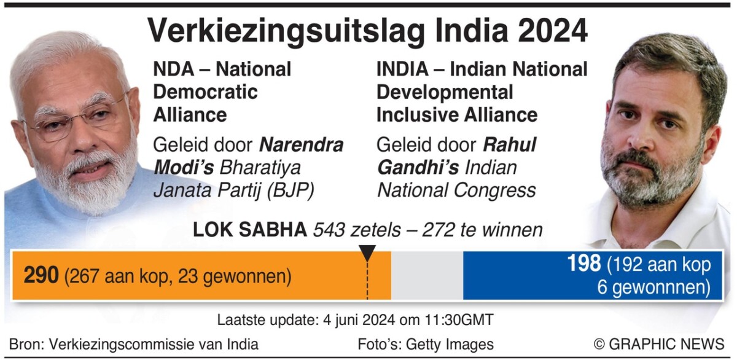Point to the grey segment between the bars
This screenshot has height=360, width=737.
click(x=427, y=275)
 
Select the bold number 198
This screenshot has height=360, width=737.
click(x=584, y=264)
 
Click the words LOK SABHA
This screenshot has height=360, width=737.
click(x=250, y=230)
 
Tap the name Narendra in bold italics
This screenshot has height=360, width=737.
click(x=301, y=145)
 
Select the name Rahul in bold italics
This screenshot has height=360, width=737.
click(x=510, y=145)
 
